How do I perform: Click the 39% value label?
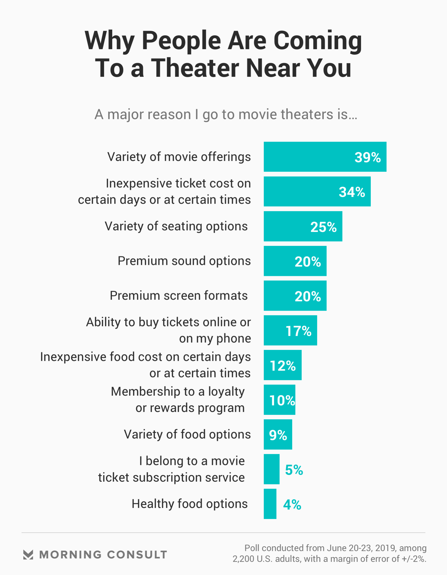click(x=368, y=157)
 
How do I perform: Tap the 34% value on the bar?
click(x=352, y=192)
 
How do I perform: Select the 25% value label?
click(x=323, y=227)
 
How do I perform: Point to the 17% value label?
click(x=298, y=331)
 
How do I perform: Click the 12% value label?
click(x=283, y=365)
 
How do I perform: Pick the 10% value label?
click(x=282, y=400)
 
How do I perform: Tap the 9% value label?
click(x=278, y=435)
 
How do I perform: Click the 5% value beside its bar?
click(x=294, y=470)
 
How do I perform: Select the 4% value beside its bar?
click(x=292, y=505)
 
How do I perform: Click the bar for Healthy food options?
click(x=270, y=504)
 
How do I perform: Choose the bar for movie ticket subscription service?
click(x=271, y=469)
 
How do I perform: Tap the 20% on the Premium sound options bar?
click(x=307, y=261)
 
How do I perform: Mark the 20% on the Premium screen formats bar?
click(x=307, y=296)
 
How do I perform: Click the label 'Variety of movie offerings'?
click(x=179, y=157)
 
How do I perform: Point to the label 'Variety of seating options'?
click(x=176, y=226)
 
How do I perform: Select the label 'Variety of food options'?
click(x=187, y=435)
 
